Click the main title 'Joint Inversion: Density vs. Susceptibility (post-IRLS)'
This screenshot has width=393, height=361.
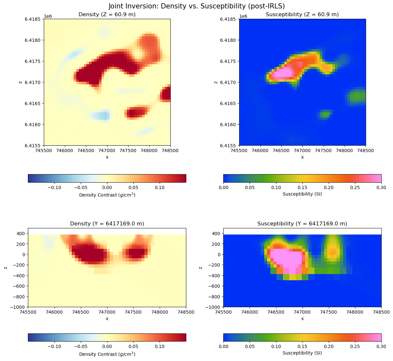197,6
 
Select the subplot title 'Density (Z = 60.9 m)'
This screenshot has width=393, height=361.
107,15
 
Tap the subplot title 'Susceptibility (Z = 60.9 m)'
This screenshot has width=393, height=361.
302,15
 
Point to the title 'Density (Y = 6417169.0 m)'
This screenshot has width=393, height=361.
107,224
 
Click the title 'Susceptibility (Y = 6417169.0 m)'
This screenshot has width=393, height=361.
302,224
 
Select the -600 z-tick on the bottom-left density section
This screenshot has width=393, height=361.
19,286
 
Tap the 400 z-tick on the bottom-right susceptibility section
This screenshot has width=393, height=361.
216,234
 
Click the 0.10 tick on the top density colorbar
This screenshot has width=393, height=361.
160,187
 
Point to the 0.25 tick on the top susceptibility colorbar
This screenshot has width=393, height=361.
355,187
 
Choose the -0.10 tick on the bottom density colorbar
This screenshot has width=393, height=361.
54,347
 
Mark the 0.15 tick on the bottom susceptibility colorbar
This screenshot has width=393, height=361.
302,347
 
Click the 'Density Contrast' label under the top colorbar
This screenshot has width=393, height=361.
107,195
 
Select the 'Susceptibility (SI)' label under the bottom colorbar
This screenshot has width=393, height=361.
302,353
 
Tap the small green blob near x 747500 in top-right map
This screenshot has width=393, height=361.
325,114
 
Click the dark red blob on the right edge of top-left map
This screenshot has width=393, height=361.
166,93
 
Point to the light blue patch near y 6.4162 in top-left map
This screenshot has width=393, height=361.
101,115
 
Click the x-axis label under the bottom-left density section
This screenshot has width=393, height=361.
107,319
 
